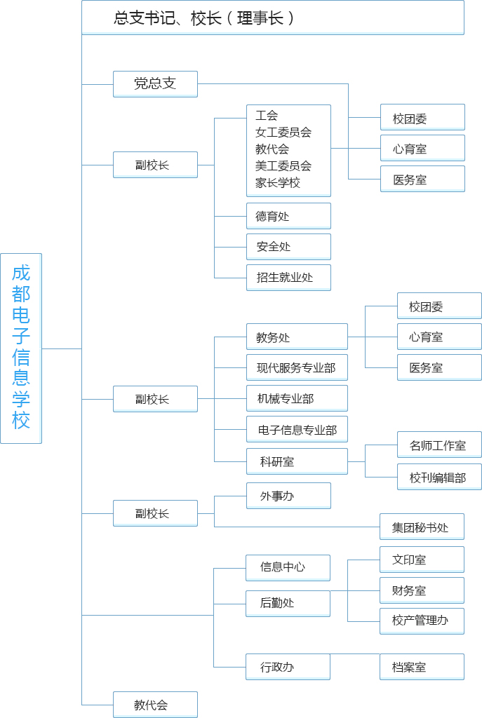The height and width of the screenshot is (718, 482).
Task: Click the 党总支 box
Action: tap(155, 84)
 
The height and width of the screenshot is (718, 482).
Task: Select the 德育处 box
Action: tap(288, 216)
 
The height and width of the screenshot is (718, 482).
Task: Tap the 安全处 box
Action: tap(288, 247)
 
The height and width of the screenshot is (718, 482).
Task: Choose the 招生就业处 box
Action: tap(288, 278)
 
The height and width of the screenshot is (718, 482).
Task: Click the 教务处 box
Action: tap(297, 337)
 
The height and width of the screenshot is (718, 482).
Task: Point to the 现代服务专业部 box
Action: tap(297, 367)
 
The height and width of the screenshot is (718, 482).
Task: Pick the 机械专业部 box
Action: tap(297, 398)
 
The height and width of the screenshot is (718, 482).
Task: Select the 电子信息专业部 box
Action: tap(297, 429)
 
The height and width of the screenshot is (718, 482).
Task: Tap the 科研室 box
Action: tap(297, 461)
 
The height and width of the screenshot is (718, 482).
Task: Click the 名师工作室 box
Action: tap(439, 445)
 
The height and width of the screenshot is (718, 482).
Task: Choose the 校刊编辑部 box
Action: tap(439, 477)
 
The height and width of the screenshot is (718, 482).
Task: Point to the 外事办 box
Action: tap(288, 496)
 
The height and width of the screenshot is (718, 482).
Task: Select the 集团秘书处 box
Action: tap(422, 527)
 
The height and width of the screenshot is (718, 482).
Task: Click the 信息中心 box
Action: tap(288, 568)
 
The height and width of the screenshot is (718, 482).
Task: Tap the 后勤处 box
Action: tap(288, 604)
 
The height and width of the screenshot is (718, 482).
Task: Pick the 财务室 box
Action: tap(422, 590)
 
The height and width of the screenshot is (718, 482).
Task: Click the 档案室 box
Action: tap(422, 667)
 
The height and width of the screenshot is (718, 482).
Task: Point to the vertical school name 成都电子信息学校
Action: tap(21, 347)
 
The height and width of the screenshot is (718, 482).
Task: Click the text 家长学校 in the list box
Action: tap(278, 183)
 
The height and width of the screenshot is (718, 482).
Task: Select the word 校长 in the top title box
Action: tap(206, 18)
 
